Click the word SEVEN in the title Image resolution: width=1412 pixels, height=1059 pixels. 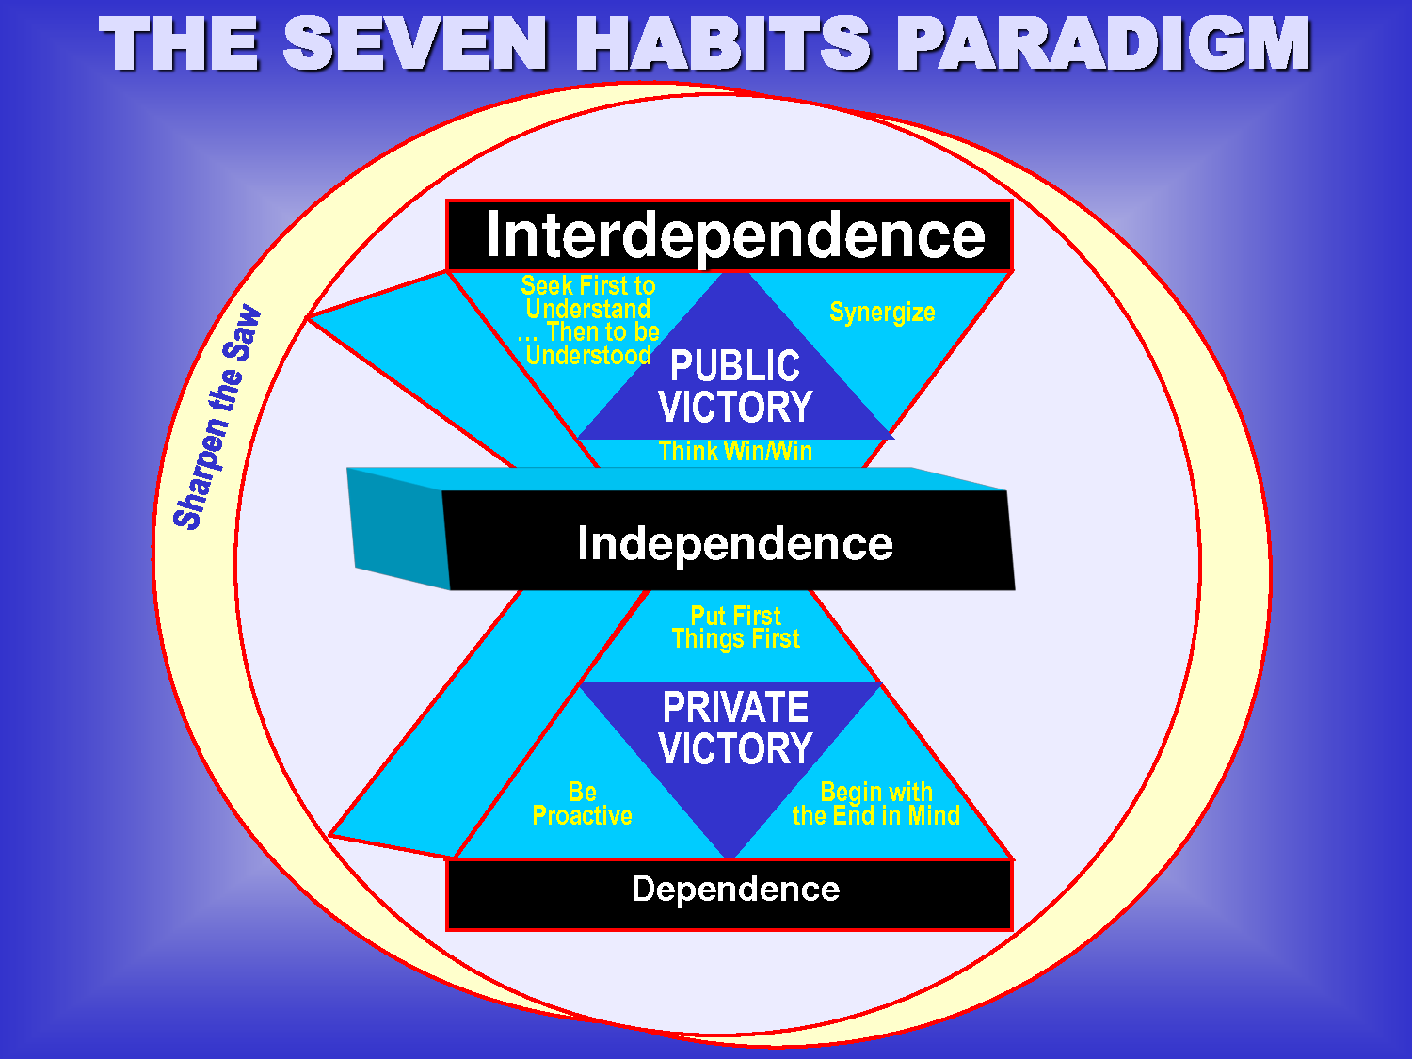click(415, 44)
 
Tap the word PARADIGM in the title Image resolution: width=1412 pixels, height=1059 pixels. click(1102, 44)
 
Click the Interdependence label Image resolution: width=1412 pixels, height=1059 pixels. click(734, 235)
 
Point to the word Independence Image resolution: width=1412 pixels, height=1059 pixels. click(734, 543)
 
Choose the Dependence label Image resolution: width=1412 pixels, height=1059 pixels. click(735, 890)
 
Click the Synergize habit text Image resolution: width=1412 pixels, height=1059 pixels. click(882, 313)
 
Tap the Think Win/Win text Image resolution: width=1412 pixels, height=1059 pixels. click(735, 452)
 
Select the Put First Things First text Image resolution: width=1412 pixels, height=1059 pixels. click(735, 628)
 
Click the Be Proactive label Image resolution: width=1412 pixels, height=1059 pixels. click(582, 804)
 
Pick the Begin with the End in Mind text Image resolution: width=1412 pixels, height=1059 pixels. click(875, 804)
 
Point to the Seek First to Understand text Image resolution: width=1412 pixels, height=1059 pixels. click(588, 297)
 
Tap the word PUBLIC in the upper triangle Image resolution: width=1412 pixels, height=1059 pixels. click(734, 366)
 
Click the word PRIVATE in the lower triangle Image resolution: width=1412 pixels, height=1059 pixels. click(735, 708)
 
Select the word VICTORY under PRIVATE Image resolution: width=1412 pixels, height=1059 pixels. click(735, 749)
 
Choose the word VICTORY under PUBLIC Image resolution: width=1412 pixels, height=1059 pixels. click(735, 408)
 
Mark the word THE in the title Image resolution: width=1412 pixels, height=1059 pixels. click(179, 44)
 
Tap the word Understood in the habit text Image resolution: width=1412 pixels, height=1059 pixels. click(588, 356)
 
